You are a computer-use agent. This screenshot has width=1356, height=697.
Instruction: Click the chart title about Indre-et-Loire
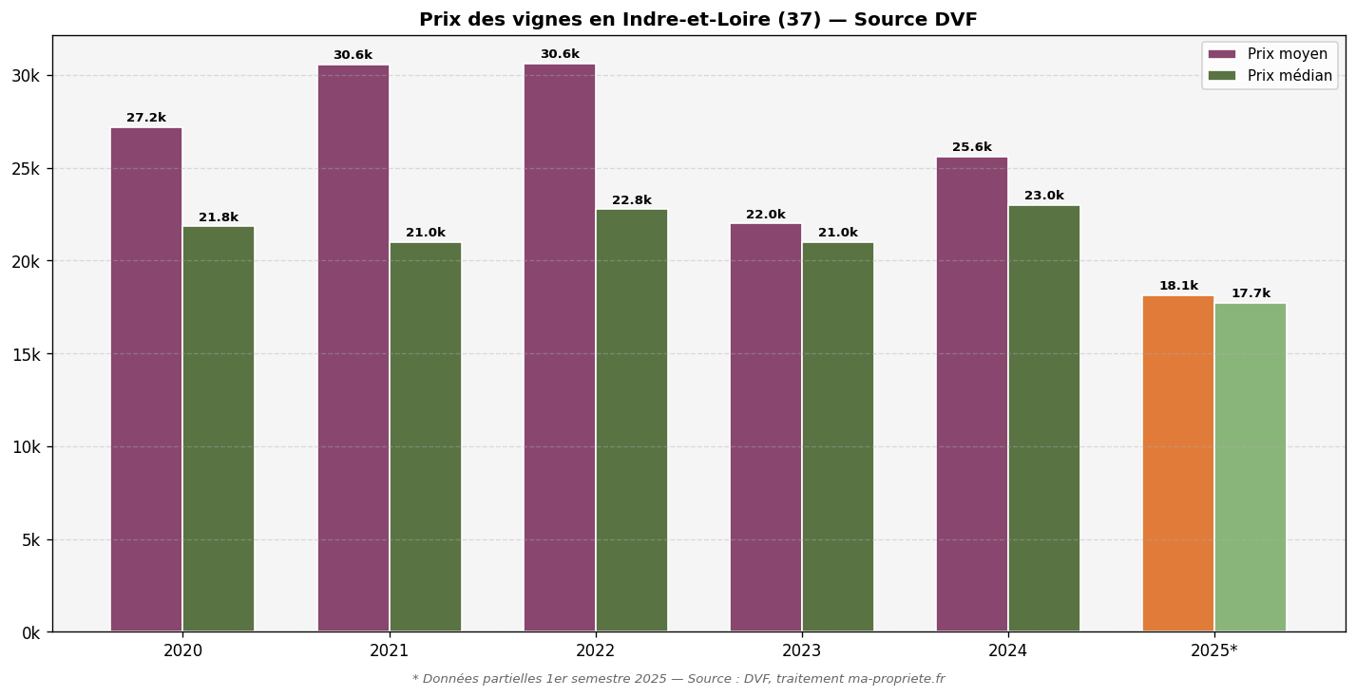[697, 20]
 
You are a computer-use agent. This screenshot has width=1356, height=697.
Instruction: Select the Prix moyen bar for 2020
[146, 380]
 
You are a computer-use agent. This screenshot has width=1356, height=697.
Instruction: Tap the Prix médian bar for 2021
[425, 437]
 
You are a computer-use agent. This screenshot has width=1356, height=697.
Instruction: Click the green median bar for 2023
[837, 437]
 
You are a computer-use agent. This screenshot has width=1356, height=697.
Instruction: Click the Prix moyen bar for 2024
[971, 394]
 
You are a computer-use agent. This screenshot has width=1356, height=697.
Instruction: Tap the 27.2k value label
[146, 119]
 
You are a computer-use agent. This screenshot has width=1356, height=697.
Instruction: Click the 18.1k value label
[1177, 286]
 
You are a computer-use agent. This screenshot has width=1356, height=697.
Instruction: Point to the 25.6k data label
[971, 148]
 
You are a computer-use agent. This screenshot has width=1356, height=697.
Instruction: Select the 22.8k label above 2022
[631, 201]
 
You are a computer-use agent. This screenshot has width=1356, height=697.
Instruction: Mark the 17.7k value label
[1250, 294]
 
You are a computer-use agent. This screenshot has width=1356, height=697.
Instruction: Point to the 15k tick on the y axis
[26, 354]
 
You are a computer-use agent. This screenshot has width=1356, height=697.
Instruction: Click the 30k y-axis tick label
[26, 76]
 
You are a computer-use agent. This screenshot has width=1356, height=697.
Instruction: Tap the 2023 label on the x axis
[801, 651]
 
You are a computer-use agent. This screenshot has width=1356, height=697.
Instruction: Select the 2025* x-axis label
[1213, 651]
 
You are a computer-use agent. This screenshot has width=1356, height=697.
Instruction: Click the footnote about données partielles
[678, 679]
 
